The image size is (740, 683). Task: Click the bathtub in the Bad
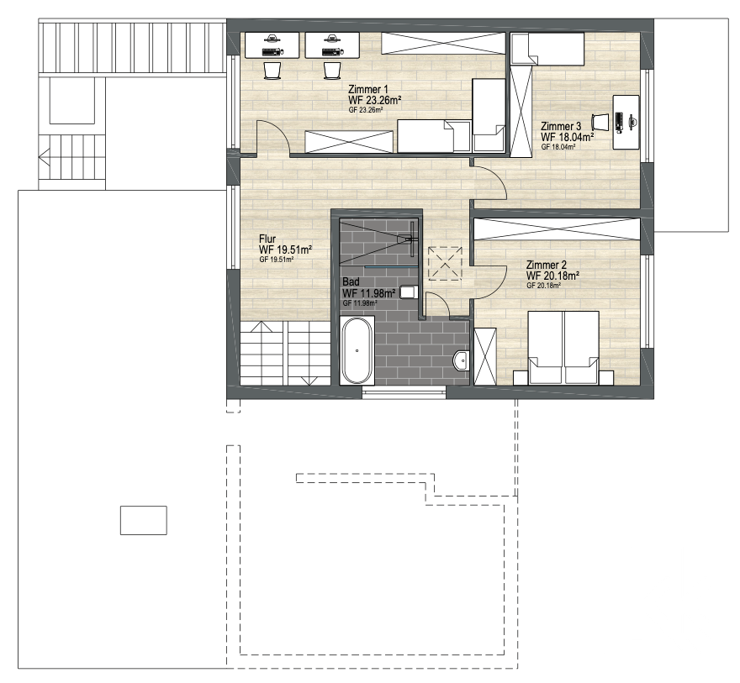(357, 350)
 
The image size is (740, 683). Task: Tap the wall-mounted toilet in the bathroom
(408, 292)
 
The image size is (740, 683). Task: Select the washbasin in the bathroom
(461, 361)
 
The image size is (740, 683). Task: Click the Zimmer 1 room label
(368, 89)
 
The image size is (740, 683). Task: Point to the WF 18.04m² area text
(568, 137)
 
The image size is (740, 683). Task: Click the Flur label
(267, 239)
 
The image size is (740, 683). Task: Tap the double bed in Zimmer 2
(563, 348)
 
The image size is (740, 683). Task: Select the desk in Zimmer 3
(626, 122)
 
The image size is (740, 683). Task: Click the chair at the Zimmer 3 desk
(600, 122)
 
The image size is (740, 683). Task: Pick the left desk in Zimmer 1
(272, 45)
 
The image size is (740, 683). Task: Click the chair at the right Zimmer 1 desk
(332, 71)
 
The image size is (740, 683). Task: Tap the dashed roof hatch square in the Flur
(445, 264)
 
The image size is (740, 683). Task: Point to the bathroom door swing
(440, 302)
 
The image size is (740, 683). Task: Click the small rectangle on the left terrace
(144, 520)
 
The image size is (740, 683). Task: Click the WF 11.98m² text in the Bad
(368, 294)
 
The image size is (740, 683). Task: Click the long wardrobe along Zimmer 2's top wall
(557, 229)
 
